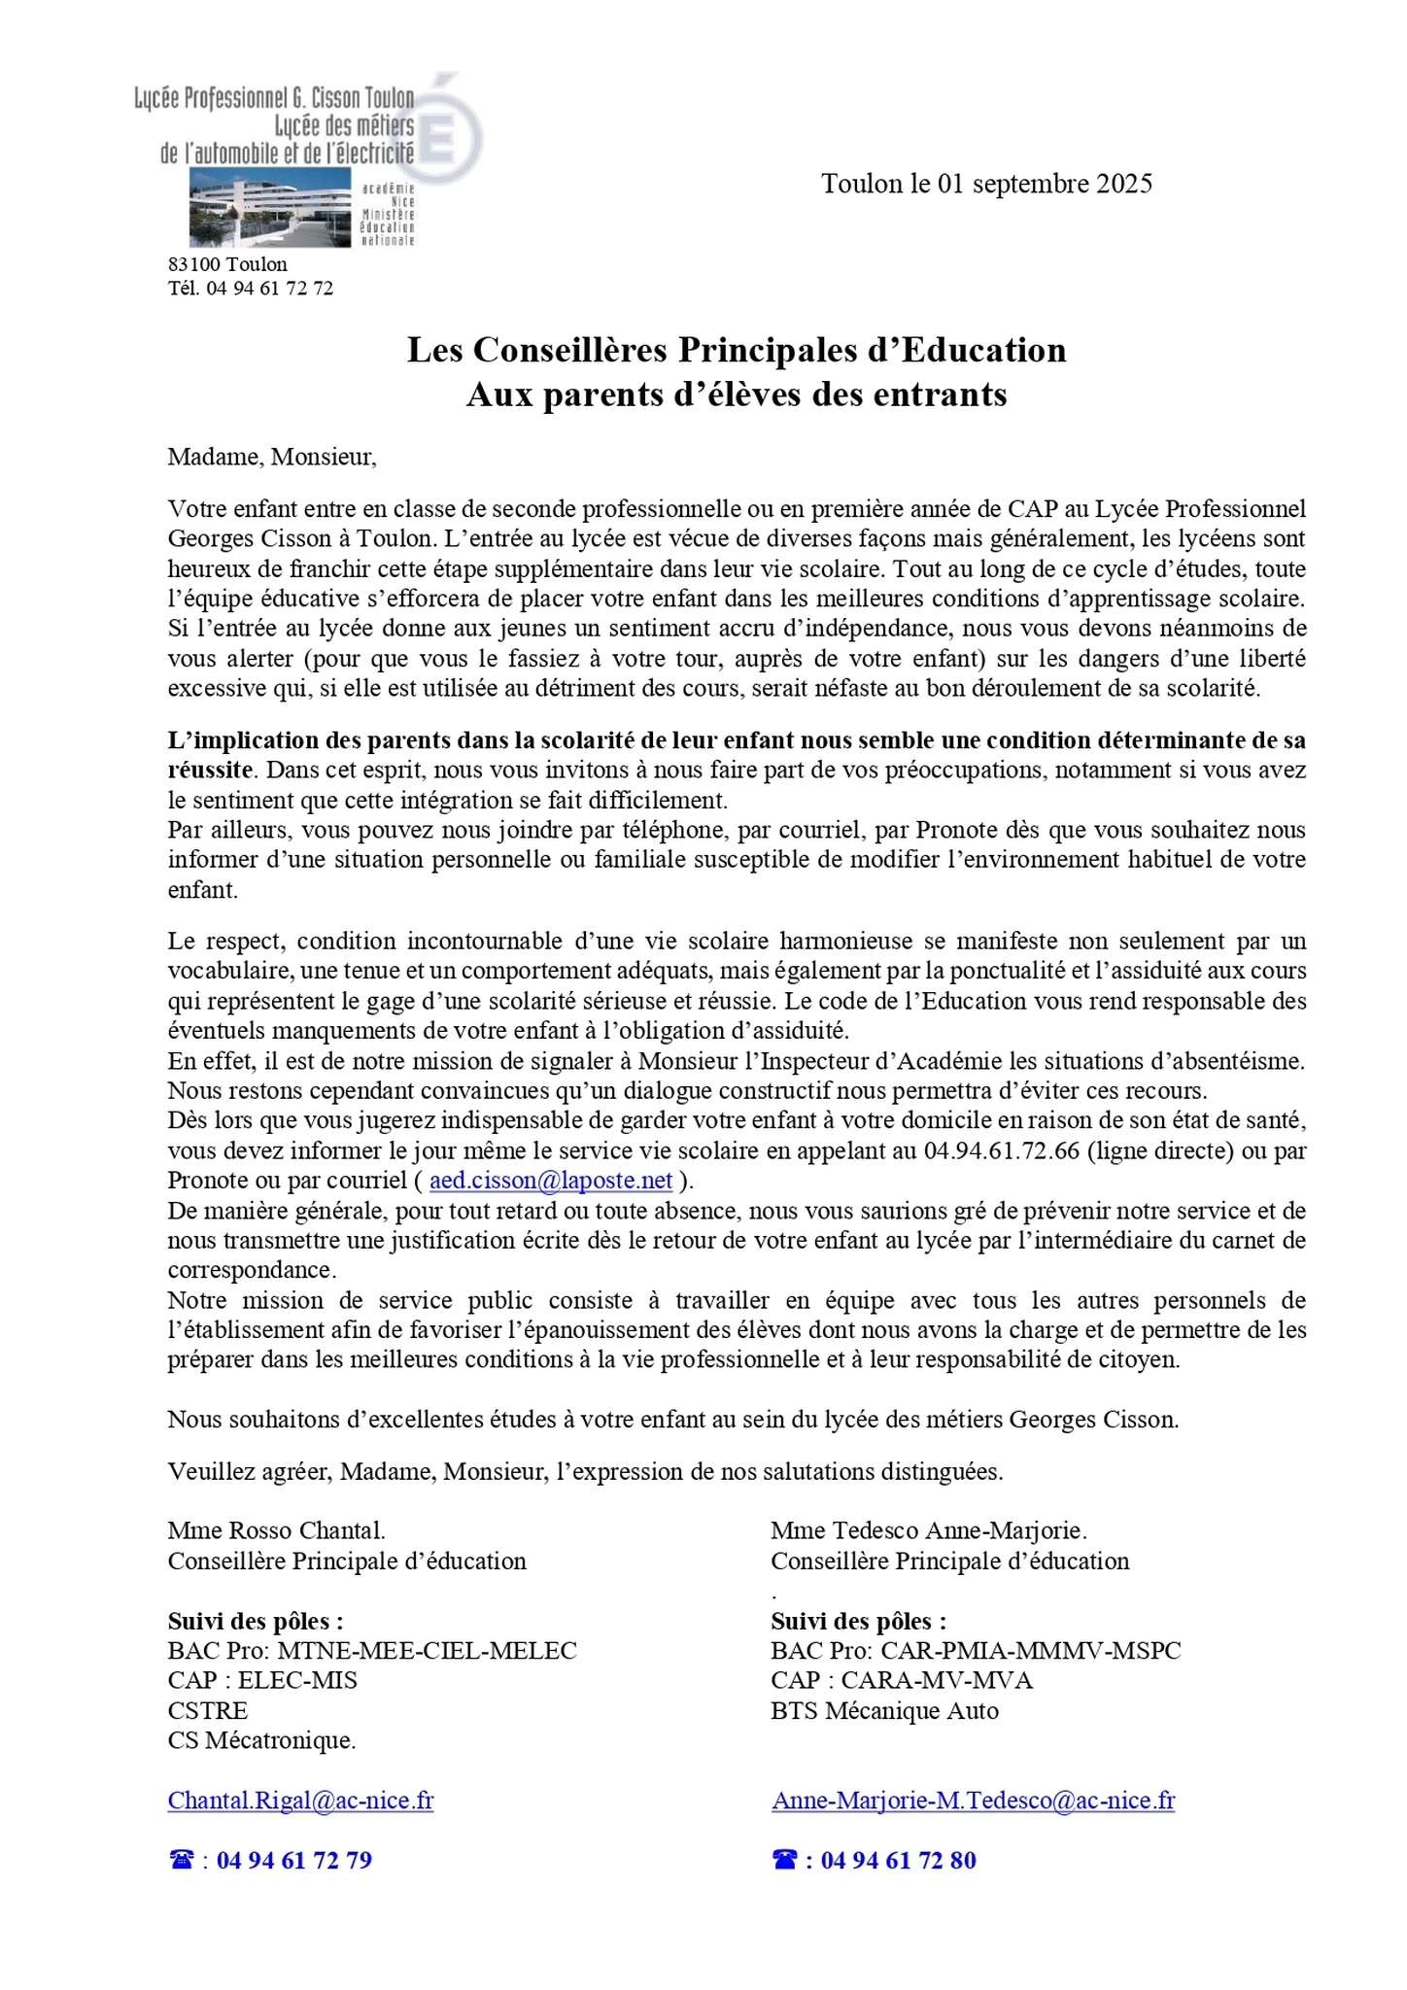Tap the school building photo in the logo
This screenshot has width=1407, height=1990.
pyautogui.click(x=270, y=207)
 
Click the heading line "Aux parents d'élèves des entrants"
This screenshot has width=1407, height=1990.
pyautogui.click(x=736, y=395)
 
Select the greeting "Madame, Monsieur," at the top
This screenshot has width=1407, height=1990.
pyautogui.click(x=271, y=457)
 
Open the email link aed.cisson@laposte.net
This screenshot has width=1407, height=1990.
pyautogui.click(x=551, y=1181)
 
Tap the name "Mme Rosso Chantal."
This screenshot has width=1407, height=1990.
pyautogui.click(x=276, y=1530)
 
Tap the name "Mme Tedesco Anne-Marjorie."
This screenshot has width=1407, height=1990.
pyautogui.click(x=928, y=1530)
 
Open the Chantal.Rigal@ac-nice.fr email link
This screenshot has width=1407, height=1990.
pyautogui.click(x=300, y=1801)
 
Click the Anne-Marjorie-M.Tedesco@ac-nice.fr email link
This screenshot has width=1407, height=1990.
pyautogui.click(x=973, y=1801)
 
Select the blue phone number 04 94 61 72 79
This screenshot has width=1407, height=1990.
pyautogui.click(x=293, y=1860)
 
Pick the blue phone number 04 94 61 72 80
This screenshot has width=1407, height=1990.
pyautogui.click(x=898, y=1860)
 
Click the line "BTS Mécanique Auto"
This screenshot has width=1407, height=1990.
pyautogui.click(x=884, y=1710)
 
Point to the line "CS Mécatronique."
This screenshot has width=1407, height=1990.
pyautogui.click(x=261, y=1740)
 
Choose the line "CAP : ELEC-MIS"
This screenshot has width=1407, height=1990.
pyautogui.click(x=262, y=1680)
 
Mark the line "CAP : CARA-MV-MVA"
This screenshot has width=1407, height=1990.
pyautogui.click(x=901, y=1680)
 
